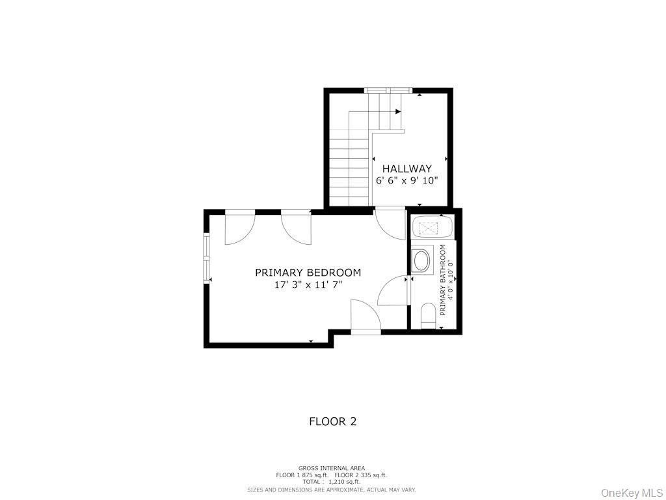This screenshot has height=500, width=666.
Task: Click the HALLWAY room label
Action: (x=406, y=169)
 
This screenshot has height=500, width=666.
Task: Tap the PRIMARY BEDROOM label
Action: (x=308, y=273)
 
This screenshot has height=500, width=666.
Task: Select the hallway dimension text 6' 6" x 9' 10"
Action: (x=406, y=181)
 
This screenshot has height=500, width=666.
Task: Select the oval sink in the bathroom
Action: (x=421, y=261)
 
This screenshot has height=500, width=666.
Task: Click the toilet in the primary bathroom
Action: (x=428, y=316)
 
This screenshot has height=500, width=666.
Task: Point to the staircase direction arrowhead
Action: (x=398, y=112)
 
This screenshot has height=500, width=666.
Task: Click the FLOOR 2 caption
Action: (x=332, y=421)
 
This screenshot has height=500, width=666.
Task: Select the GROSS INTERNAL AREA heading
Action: (x=331, y=468)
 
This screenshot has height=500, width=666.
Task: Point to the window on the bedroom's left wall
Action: (x=207, y=257)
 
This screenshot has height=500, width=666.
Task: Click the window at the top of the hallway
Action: (x=388, y=90)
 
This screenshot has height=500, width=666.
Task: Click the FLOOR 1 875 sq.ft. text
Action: (x=302, y=475)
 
